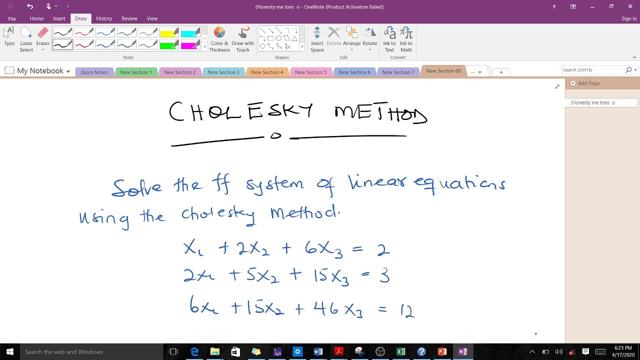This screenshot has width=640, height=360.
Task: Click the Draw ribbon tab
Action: click(x=80, y=18)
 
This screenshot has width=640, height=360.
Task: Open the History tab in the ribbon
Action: click(x=104, y=18)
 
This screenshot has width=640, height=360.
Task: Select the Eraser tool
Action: click(x=43, y=39)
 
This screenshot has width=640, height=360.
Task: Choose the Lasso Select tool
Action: click(x=26, y=39)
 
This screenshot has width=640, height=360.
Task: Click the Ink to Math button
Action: click(x=406, y=39)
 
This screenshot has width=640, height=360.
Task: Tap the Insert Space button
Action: click(x=317, y=39)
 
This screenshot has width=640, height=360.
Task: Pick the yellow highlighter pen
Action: click(x=169, y=33)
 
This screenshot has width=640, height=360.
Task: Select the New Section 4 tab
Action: click(x=267, y=72)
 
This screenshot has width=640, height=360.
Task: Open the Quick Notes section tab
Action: click(x=94, y=72)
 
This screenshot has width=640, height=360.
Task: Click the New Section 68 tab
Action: click(x=443, y=71)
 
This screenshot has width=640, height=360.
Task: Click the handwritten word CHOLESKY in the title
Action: click(x=241, y=111)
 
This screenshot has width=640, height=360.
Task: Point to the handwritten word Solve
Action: click(x=137, y=187)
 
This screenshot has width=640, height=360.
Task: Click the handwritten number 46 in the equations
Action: click(x=326, y=308)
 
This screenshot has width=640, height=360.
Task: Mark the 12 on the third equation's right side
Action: click(x=407, y=310)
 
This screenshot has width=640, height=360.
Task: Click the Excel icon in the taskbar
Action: click(x=401, y=352)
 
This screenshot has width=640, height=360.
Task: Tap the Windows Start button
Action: click(x=9, y=352)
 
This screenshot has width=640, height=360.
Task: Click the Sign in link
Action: click(x=628, y=18)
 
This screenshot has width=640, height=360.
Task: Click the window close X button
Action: click(x=630, y=6)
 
